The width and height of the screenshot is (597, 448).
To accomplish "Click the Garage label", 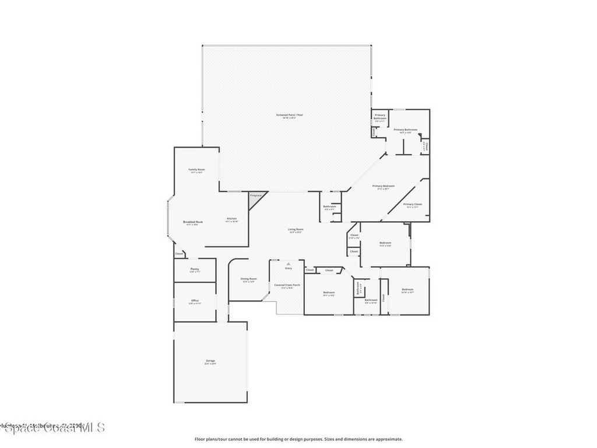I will pyautogui.click(x=210, y=361).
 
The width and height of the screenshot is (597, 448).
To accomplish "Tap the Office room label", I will pyautogui.click(x=195, y=300).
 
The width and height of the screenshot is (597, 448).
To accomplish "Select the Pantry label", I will pyautogui.click(x=195, y=269).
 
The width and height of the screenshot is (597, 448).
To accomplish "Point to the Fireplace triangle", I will pyautogui.click(x=255, y=195).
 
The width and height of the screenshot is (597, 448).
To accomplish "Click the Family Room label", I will pyautogui.click(x=196, y=170).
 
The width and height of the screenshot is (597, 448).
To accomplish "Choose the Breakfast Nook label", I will pyautogui.click(x=192, y=222).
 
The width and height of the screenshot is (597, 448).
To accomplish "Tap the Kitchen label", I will pyautogui.click(x=231, y=219).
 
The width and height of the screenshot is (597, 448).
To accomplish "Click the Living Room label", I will pyautogui.click(x=296, y=229).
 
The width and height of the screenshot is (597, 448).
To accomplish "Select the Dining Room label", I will pyautogui.click(x=249, y=279).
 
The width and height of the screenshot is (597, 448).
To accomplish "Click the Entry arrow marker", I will pyautogui.click(x=288, y=264).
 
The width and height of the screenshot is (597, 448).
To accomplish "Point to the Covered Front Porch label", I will pyautogui.click(x=287, y=285).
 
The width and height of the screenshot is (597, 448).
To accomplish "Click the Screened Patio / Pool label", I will pyautogui.click(x=289, y=115).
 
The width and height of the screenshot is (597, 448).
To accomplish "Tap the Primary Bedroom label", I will pyautogui.click(x=384, y=186).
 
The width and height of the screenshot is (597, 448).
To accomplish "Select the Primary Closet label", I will pyautogui.click(x=412, y=204).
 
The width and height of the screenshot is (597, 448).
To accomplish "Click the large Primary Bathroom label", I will pyautogui.click(x=405, y=129).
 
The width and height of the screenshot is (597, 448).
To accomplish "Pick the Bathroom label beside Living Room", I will pyautogui.click(x=329, y=206).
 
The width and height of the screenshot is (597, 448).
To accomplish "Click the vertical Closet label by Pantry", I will pyautogui.click(x=179, y=254).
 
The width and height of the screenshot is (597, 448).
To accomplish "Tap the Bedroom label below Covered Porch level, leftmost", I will pyautogui.click(x=329, y=292).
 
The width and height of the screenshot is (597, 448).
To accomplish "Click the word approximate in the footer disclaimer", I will pyautogui.click(x=388, y=439).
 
